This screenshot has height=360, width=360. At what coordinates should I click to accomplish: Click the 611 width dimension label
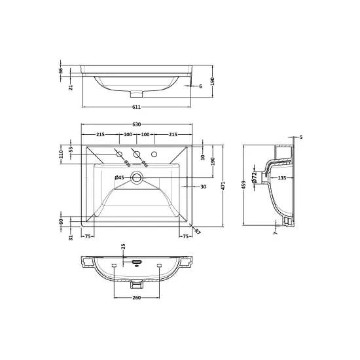point(136,107)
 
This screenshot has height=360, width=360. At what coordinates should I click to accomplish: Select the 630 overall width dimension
point(136,124)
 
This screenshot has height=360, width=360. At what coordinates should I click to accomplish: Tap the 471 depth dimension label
point(223,186)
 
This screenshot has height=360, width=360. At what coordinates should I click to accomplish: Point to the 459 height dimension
point(243,185)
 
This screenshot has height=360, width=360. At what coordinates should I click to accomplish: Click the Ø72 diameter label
point(254,177)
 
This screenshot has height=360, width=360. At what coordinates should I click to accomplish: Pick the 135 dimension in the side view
point(282,177)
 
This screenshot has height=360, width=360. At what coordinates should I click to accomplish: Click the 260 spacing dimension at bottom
point(136,298)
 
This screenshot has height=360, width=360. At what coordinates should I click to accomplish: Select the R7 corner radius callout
point(198,232)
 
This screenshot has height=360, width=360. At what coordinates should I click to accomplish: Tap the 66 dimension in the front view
point(61,71)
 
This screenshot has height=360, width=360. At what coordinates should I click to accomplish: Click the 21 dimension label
point(71,87)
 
